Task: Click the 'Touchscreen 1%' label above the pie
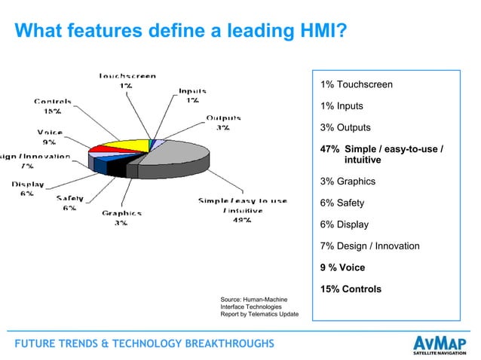[127, 81]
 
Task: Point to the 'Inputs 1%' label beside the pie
[192, 96]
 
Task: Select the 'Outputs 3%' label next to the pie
[223, 123]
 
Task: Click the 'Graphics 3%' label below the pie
[121, 218]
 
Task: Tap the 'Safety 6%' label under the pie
[69, 203]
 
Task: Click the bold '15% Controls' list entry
[351, 289]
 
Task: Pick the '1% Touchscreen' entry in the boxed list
[356, 84]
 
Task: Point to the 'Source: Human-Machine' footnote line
[253, 300]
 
